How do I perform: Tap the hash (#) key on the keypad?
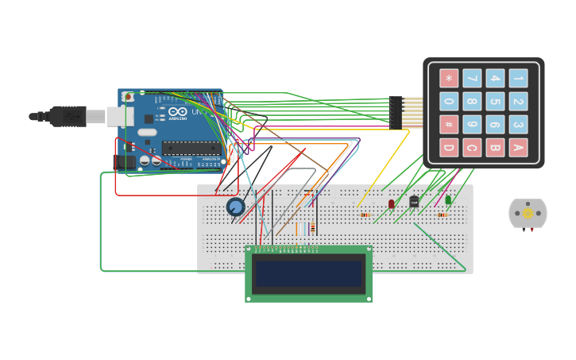[x=449, y=125]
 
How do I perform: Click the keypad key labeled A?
[x=518, y=147]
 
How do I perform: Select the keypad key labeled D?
[x=449, y=147]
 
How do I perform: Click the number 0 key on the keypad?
[x=449, y=102]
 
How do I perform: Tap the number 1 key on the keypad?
[x=518, y=78]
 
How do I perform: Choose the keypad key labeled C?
[x=472, y=147]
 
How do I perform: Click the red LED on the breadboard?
[x=391, y=204]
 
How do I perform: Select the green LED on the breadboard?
[x=448, y=200]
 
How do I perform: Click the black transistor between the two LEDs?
[x=414, y=201]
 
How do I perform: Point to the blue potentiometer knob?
[x=235, y=207]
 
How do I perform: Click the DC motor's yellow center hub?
[x=528, y=213]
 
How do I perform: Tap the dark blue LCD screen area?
[x=308, y=273]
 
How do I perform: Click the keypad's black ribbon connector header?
[x=396, y=112]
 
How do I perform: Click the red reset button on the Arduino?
[x=129, y=98]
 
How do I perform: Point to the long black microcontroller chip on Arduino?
[x=191, y=147]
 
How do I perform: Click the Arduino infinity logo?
[x=149, y=131]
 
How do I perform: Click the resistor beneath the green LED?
[x=443, y=215]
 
